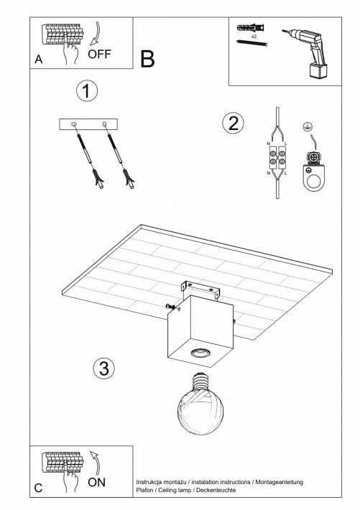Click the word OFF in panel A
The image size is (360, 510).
tap(99, 54)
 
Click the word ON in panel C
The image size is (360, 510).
tap(97, 482)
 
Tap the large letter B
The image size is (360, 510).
tap(147, 59)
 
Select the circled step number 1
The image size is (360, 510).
tap(87, 91)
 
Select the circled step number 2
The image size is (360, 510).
tap(233, 124)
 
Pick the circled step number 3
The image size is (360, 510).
tap(104, 368)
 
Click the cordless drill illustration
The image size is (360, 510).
tap(307, 52)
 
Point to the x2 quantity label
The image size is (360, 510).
tap(254, 37)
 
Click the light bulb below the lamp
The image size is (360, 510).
tap(201, 404)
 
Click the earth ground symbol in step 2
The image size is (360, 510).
tap(306, 126)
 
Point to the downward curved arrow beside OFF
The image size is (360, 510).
tap(97, 34)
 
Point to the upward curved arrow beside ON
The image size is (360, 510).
tap(96, 463)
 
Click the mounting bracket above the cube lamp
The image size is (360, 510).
tap(200, 289)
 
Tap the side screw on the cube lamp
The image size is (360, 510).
tap(172, 307)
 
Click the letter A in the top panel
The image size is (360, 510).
tap(39, 60)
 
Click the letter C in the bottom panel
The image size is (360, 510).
tap(38, 488)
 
